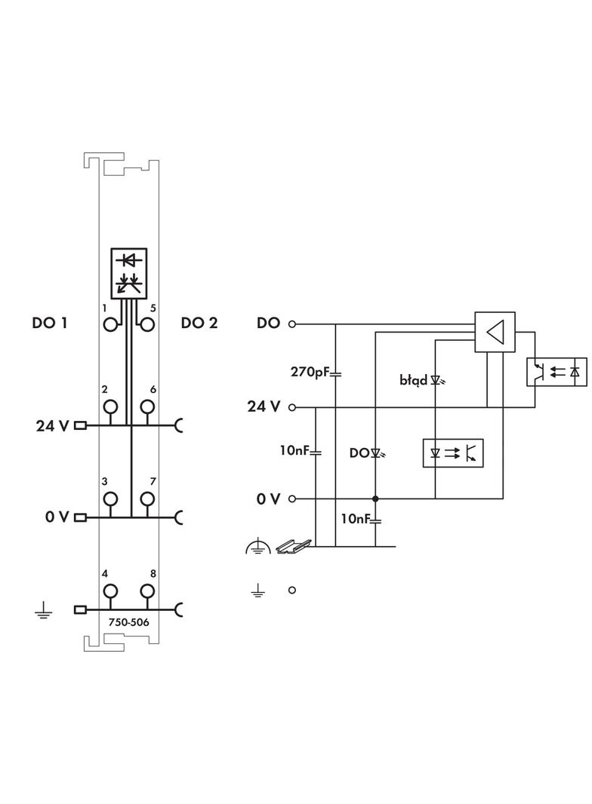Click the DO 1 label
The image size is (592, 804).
coord(50,324)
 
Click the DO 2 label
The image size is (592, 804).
coord(199,324)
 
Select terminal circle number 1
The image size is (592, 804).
coord(111,325)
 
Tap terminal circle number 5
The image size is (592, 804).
coord(147,325)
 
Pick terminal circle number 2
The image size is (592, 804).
coord(111,407)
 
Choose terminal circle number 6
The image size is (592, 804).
coord(147,407)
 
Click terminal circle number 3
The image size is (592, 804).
coord(111,499)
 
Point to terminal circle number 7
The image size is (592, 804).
coord(147,499)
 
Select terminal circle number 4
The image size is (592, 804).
coord(111,591)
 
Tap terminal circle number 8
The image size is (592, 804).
coord(147,591)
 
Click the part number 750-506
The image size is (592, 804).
coord(128,623)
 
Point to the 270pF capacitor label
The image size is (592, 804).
coord(310,372)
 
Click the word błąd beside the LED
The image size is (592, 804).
coord(414,380)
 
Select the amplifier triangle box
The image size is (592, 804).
coord(495,332)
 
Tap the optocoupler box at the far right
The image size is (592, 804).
coord(557,371)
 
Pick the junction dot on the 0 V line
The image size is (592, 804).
coord(375,499)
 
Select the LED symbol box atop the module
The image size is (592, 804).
coord(129,272)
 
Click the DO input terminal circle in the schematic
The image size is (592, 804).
coord(292,324)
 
